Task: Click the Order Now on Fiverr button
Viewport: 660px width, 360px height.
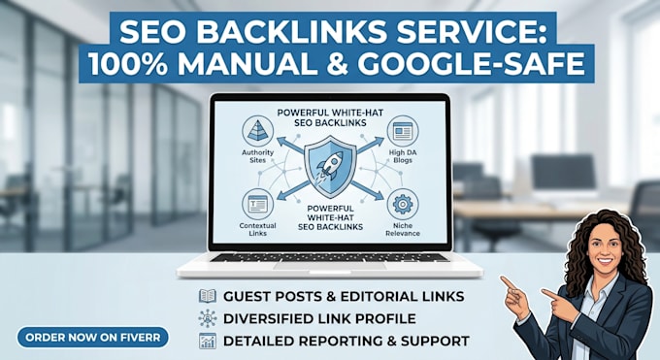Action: [92, 338]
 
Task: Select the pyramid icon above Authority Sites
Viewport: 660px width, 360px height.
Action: [257, 131]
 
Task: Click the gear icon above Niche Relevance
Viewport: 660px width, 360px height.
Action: [403, 205]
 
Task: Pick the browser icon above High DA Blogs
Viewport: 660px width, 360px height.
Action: [403, 131]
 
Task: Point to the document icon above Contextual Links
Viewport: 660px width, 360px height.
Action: [257, 205]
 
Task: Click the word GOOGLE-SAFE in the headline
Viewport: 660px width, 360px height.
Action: [473, 64]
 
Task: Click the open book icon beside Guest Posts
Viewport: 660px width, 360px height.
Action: [208, 296]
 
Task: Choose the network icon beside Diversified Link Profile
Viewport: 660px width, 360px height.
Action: [208, 318]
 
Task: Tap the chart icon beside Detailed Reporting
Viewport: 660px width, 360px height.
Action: [208, 341]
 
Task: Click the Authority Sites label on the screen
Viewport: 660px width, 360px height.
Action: [257, 156]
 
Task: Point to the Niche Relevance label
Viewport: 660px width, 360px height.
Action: [403, 229]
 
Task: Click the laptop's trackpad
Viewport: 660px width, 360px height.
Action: [330, 266]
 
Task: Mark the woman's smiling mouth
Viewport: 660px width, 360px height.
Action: [605, 261]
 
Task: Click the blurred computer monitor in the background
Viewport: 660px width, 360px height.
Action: [563, 172]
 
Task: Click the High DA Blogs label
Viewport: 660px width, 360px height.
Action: [403, 156]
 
